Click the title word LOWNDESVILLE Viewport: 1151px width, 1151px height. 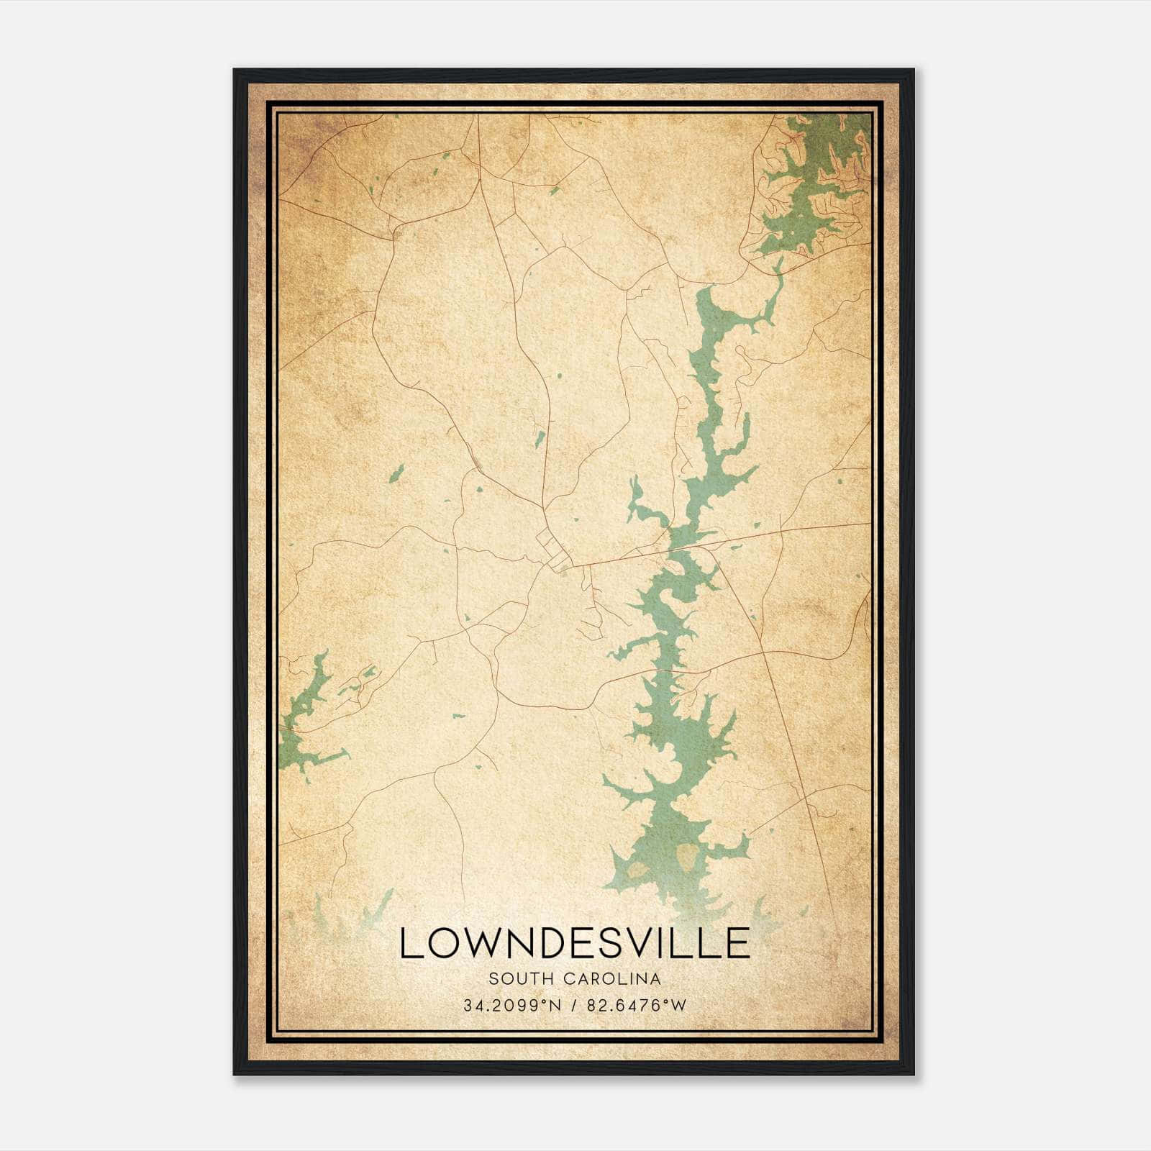[574, 943]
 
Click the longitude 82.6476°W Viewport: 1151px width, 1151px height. [636, 1006]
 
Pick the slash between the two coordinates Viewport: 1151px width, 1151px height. [573, 1006]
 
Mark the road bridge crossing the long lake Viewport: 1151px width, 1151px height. [683, 547]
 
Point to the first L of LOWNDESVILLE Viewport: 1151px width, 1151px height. [409, 943]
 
